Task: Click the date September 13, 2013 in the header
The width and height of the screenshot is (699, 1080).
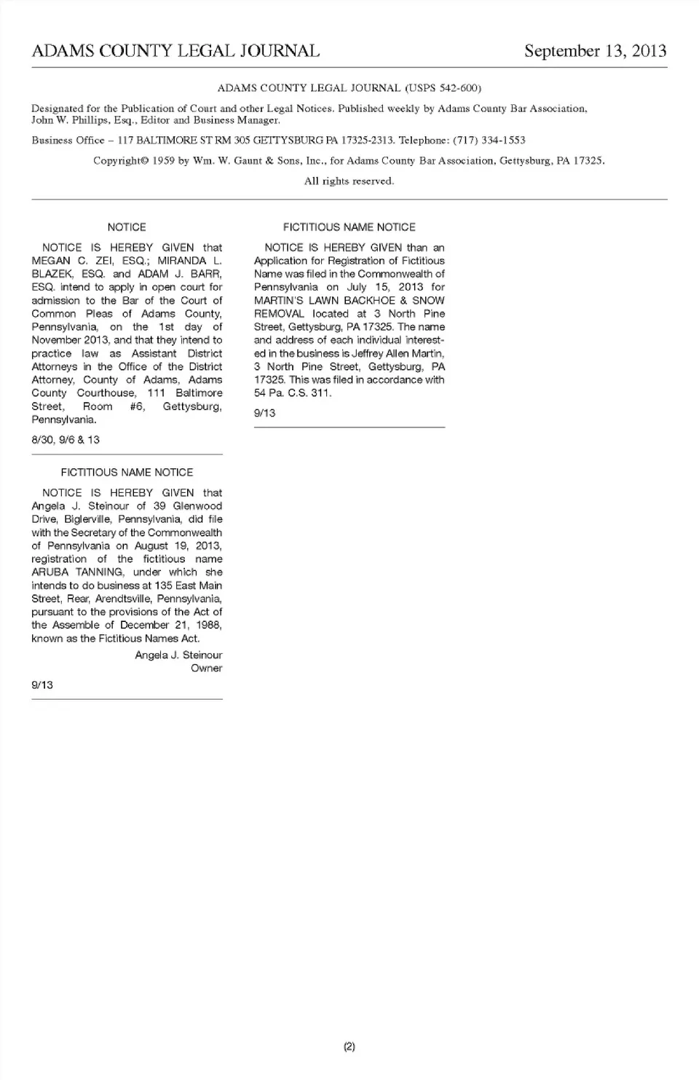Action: coord(595,51)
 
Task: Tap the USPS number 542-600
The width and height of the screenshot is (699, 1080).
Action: coord(458,88)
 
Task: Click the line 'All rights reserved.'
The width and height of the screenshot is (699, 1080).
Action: coord(349,181)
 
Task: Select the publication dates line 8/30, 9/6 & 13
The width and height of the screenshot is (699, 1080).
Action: coord(66,440)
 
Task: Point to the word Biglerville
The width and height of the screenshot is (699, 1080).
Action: coord(87,519)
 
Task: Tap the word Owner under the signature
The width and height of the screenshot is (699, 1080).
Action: coord(206,668)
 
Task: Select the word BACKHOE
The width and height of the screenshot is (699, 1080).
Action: coord(369,300)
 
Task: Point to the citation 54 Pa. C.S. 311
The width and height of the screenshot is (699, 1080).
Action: coord(292,393)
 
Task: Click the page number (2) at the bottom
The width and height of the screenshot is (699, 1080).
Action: coord(349,1047)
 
